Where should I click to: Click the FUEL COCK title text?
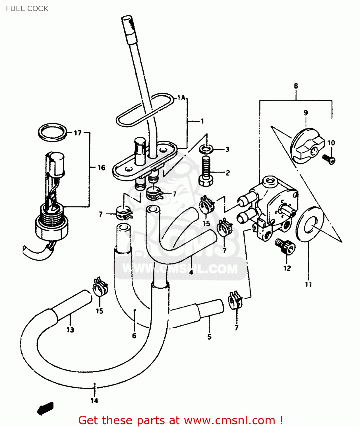tap(27, 9)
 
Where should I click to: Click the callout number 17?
tap(78, 133)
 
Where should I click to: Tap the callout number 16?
tap(101, 168)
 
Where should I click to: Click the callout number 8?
tap(296, 86)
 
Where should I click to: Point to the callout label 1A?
tap(181, 98)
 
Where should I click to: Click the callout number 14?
tap(94, 401)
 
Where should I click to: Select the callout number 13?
tap(70, 330)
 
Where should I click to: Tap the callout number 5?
tap(209, 337)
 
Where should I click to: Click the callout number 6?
tap(134, 336)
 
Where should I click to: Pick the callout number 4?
tap(191, 272)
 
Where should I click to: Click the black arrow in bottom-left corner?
tap(45, 408)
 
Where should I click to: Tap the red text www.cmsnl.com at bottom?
tap(229, 420)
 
